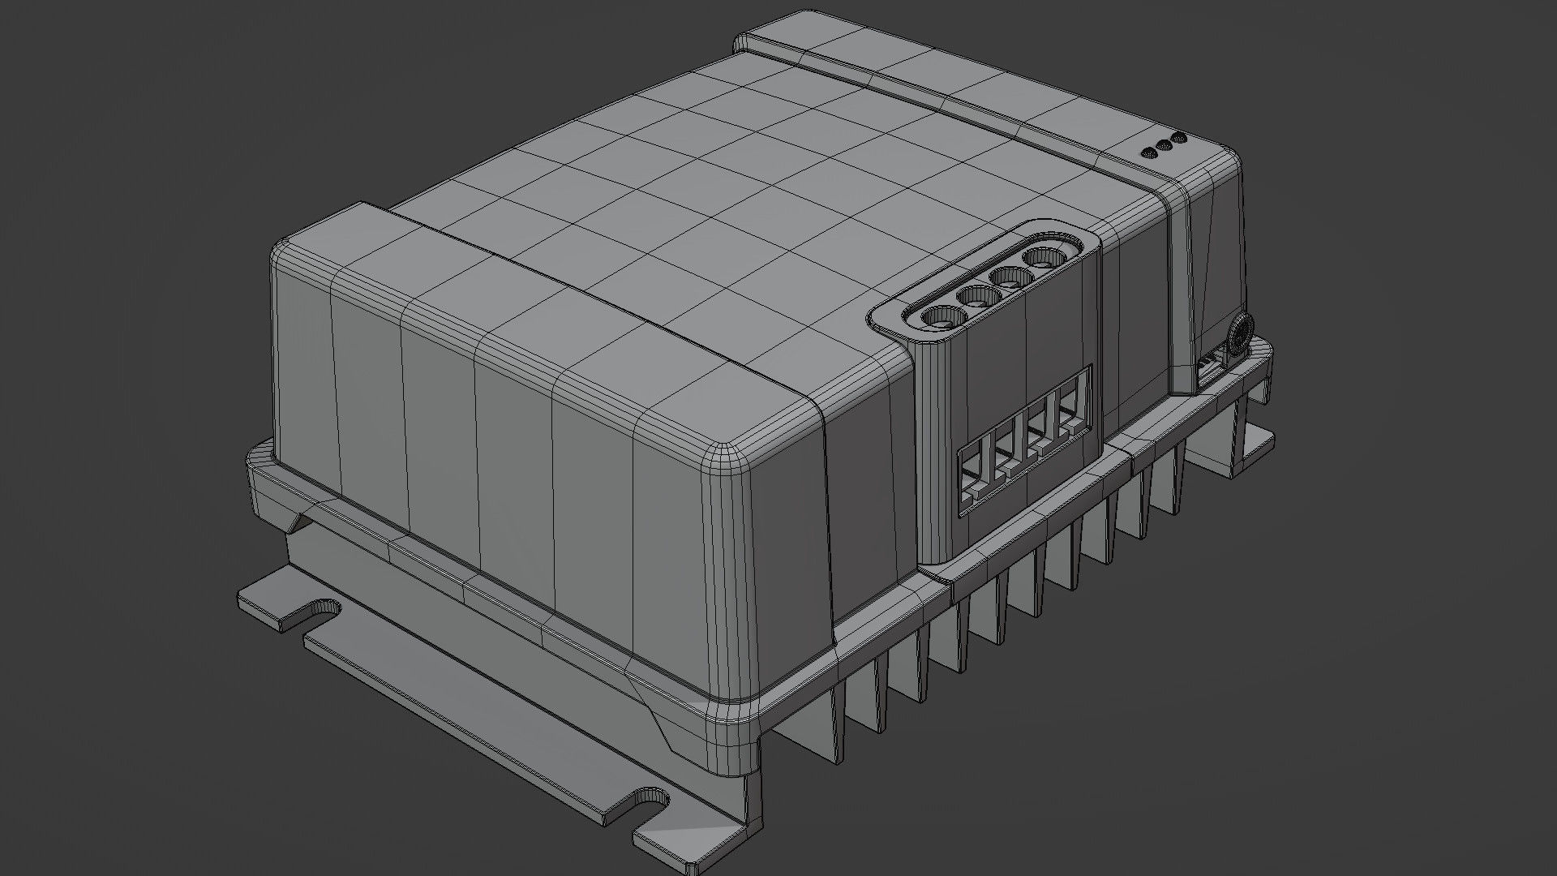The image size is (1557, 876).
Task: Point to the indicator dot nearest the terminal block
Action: click(x=1148, y=152)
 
